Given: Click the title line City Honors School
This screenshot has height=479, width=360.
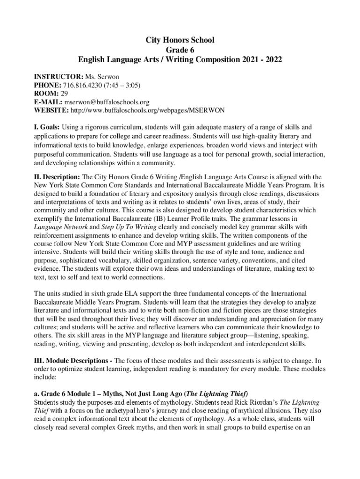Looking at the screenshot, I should pos(180,40).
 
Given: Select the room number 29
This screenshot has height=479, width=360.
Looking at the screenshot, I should pos(64,93).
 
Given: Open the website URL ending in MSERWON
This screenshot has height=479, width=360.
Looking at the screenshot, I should pos(147,110).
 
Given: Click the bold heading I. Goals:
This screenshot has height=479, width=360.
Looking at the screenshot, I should pos(47,127).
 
